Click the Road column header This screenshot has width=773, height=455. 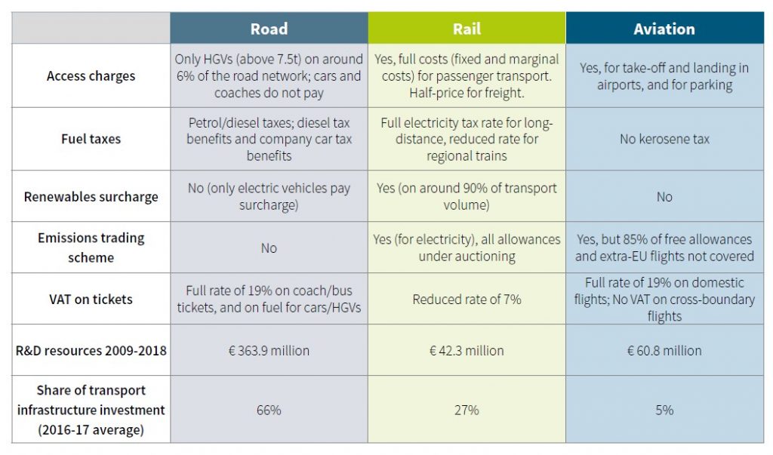pyautogui.click(x=269, y=29)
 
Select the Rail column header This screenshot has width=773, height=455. pyautogui.click(x=467, y=29)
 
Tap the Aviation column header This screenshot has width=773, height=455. pyautogui.click(x=664, y=29)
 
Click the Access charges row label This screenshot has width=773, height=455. pyautogui.click(x=91, y=75)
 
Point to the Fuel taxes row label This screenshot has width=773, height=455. pyautogui.click(x=91, y=139)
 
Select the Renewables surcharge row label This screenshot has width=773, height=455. pyautogui.click(x=91, y=197)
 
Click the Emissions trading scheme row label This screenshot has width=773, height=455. pyautogui.click(x=91, y=247)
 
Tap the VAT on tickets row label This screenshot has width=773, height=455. pyautogui.click(x=91, y=299)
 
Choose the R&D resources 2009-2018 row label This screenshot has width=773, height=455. pyautogui.click(x=91, y=350)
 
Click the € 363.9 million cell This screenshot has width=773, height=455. pyautogui.click(x=269, y=350)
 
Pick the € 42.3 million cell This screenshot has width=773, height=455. pyautogui.click(x=467, y=350)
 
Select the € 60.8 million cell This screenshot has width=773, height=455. pyautogui.click(x=664, y=350)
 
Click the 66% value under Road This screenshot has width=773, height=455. pyautogui.click(x=269, y=410)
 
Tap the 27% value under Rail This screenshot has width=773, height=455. pyautogui.click(x=467, y=410)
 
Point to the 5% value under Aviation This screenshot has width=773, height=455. pyautogui.click(x=664, y=410)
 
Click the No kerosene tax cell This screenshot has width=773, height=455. pyautogui.click(x=664, y=139)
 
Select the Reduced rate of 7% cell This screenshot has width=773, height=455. pyautogui.click(x=467, y=299)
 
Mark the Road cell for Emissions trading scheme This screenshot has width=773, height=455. pyautogui.click(x=269, y=247)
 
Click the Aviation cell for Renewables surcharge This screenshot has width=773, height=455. pyautogui.click(x=664, y=197)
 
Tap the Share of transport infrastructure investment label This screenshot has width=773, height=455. pyautogui.click(x=91, y=409)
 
